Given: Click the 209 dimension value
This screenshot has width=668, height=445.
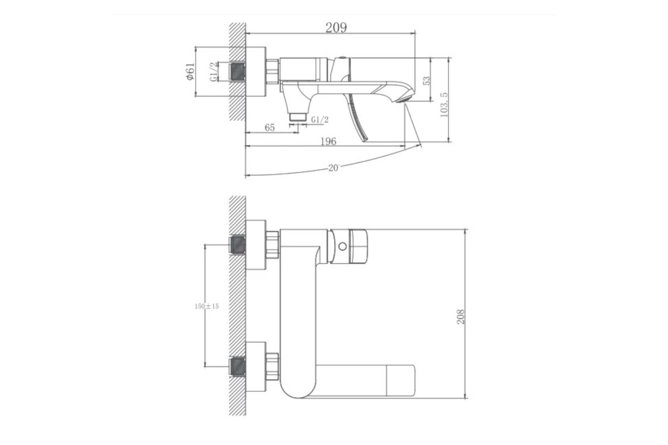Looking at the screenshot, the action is coord(336,28).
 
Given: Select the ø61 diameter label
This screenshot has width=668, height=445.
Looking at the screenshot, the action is coord(190,72).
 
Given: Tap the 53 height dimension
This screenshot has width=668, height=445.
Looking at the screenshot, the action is coord(427,81).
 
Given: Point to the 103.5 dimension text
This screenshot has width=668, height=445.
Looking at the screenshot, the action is coord(444,105).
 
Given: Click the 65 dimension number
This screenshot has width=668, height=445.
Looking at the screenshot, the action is coord(269,127).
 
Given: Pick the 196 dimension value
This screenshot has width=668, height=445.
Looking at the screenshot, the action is coord(328,141).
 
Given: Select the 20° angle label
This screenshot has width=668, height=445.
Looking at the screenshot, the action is coord(334,168).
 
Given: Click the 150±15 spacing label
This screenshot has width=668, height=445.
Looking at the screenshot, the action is coord(207,306).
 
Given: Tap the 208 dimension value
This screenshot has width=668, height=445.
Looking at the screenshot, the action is coord(461,317).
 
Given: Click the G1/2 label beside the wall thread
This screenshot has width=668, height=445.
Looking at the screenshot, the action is coord(214,72).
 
